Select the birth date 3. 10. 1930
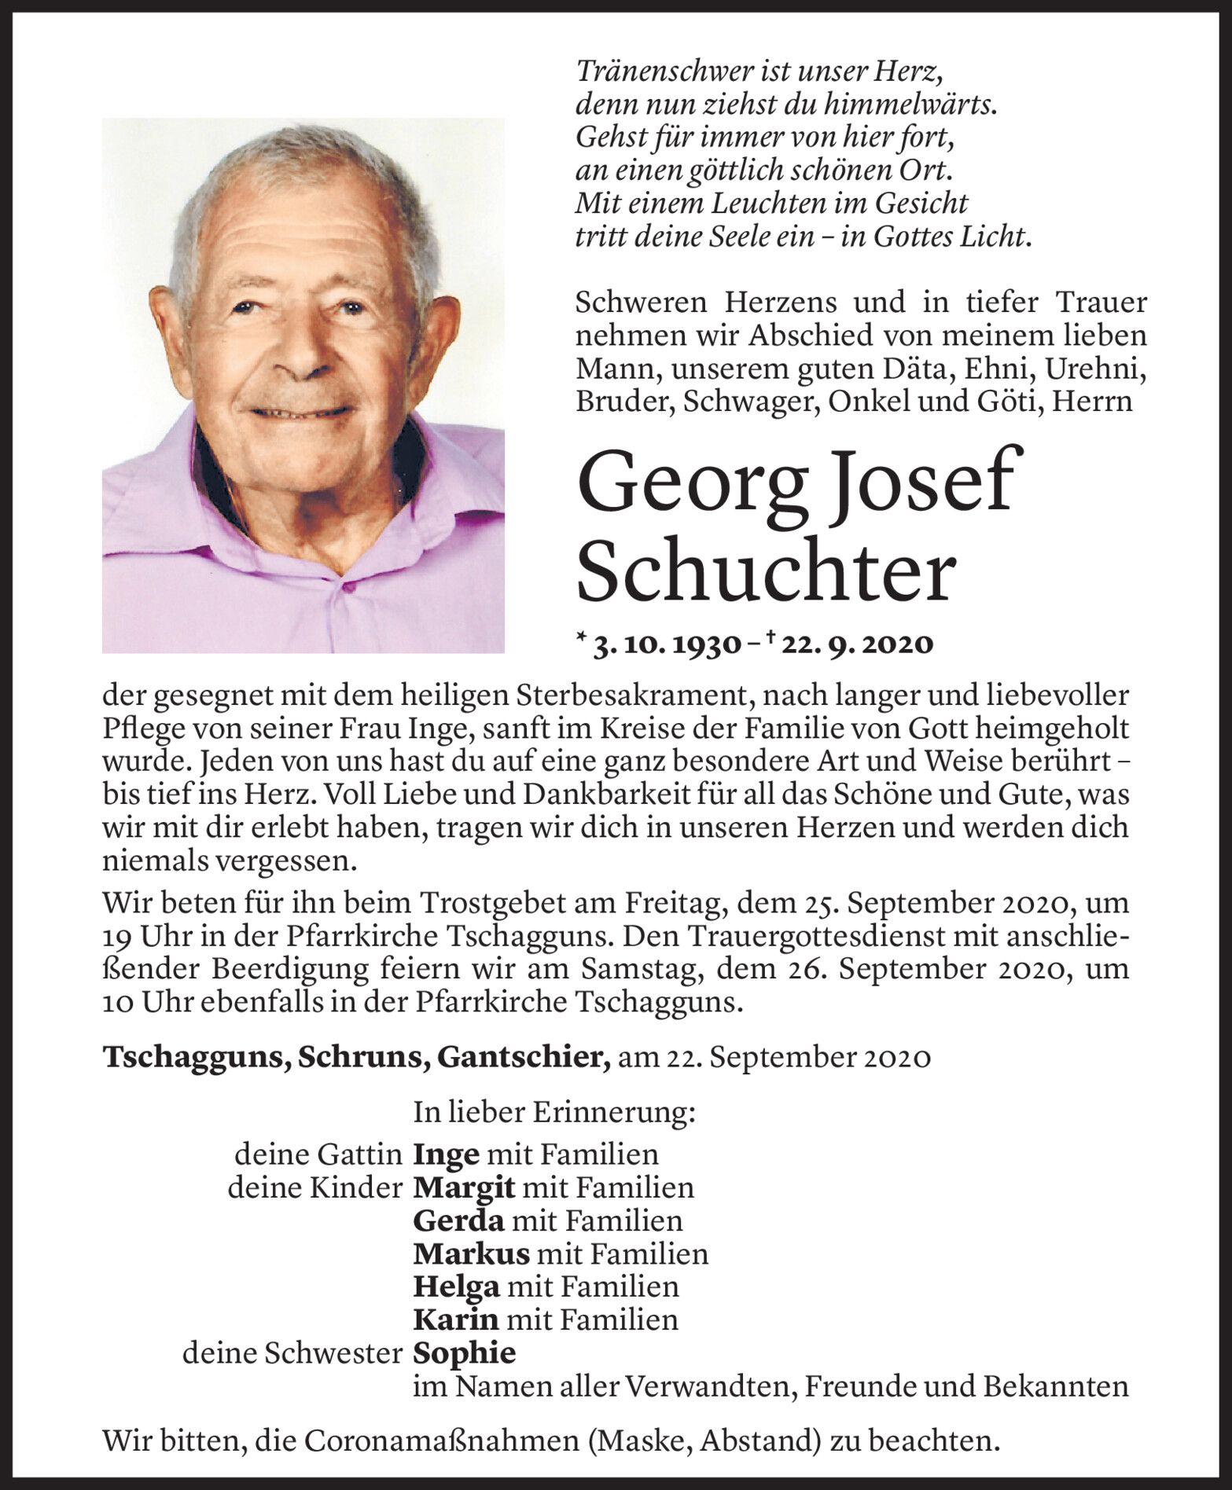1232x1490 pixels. pos(667,644)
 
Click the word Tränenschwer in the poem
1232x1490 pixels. pos(654,72)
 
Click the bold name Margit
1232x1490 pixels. pos(464,1187)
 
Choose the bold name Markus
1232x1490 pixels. pos(471,1253)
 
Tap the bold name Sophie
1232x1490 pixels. pos(465,1353)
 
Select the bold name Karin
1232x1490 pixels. pos(456,1319)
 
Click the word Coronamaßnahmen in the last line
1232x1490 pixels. pos(440,1441)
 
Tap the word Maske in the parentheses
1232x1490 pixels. pos(641,1441)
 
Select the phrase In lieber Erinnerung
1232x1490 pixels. pos(554,1113)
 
